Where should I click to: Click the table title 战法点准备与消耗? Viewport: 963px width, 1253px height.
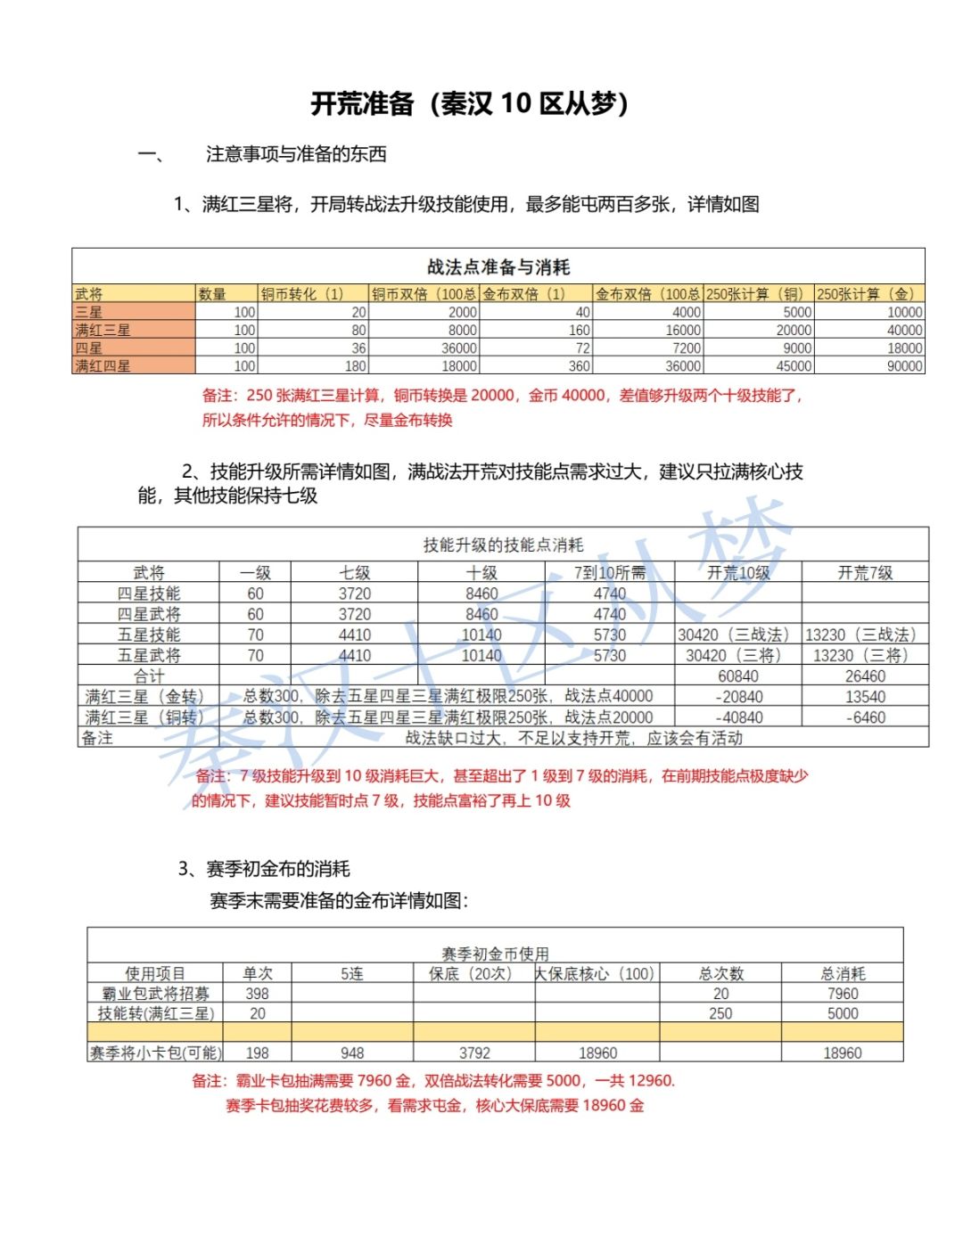tap(498, 266)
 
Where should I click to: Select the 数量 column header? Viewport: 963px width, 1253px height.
tap(212, 294)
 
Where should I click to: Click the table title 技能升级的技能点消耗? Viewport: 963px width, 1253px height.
tap(503, 545)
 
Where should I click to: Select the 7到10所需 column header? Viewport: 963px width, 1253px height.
tap(610, 572)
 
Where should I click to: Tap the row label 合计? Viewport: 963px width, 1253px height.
tap(149, 676)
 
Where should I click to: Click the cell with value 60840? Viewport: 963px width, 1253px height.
tap(738, 676)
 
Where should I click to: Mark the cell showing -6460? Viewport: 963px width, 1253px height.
tap(865, 717)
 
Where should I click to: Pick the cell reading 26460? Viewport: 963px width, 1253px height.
tap(865, 676)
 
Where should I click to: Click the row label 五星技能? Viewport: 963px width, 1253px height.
tap(149, 635)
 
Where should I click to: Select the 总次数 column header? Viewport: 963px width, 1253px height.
tap(720, 973)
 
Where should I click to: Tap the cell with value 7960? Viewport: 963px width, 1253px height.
tap(842, 993)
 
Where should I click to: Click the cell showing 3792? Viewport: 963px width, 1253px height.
tap(474, 1052)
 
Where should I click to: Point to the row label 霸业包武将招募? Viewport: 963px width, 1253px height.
tap(155, 993)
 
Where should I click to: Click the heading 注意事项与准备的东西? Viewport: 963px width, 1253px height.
tap(296, 154)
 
